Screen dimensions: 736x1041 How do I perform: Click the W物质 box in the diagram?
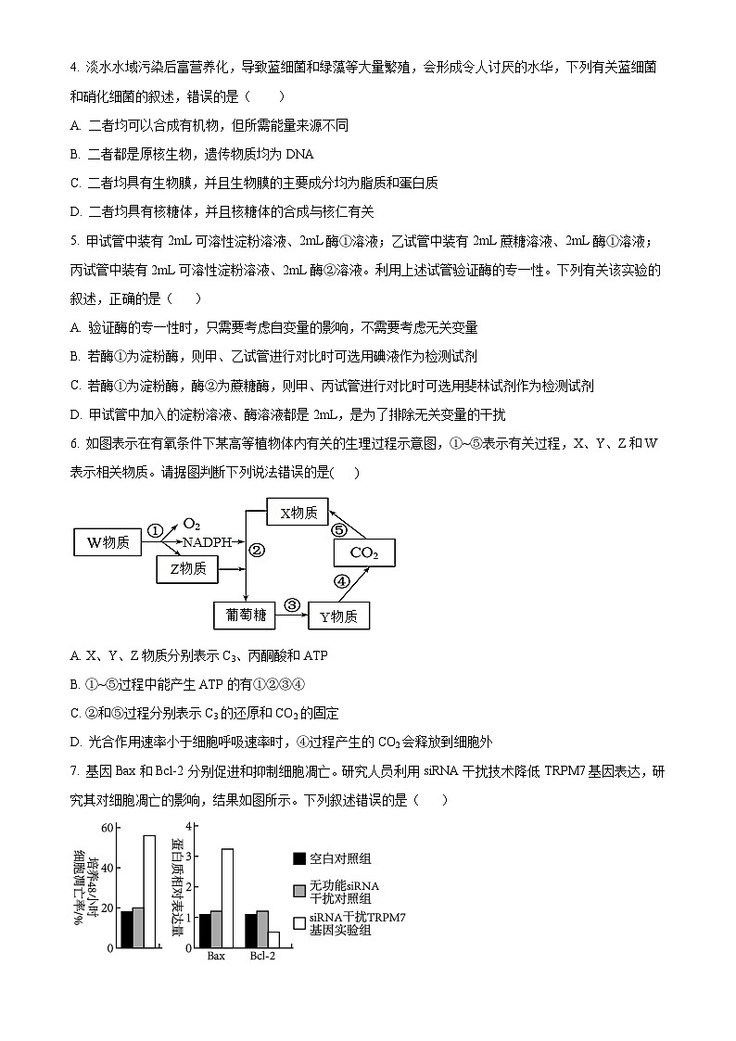tap(108, 542)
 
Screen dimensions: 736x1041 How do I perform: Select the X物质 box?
tap(298, 512)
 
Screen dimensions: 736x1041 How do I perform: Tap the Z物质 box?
tap(187, 568)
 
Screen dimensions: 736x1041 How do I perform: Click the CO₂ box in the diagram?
tap(363, 553)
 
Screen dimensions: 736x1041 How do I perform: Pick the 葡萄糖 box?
tap(246, 614)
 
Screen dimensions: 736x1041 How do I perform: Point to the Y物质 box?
tap(338, 616)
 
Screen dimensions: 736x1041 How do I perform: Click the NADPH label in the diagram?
tap(206, 541)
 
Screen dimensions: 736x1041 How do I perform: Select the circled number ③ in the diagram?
tap(292, 604)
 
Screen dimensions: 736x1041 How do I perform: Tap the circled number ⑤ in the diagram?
tap(339, 530)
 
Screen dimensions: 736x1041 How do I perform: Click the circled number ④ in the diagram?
tap(341, 582)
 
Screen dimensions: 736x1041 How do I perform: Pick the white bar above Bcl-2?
tap(273, 939)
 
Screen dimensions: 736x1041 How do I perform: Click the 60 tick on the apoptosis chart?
tap(107, 828)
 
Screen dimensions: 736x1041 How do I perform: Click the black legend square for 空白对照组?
tap(299, 859)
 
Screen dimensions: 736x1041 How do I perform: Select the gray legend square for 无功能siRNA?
tap(299, 891)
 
